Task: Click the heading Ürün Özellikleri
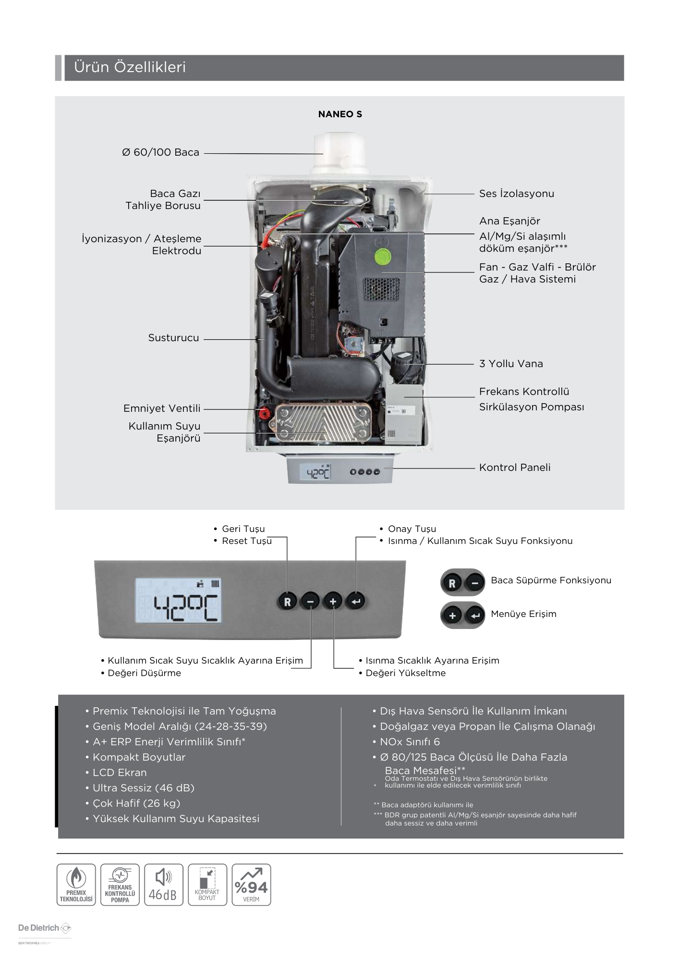[x=130, y=67]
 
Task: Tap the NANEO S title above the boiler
[x=340, y=114]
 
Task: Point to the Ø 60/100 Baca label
[x=160, y=152]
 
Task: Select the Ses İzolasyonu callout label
[x=517, y=194]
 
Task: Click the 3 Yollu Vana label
[x=511, y=364]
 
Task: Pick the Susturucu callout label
[x=173, y=338]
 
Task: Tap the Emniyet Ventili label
[x=162, y=408]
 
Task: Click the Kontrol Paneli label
[x=515, y=468]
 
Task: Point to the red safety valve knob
[x=263, y=413]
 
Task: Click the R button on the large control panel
[x=287, y=601]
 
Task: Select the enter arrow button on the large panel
[x=356, y=601]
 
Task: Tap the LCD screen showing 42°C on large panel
[x=179, y=601]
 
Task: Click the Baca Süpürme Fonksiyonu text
[x=551, y=580]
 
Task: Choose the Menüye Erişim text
[x=523, y=614]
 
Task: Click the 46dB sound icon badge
[x=163, y=885]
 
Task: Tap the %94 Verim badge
[x=251, y=885]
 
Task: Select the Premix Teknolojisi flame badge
[x=76, y=885]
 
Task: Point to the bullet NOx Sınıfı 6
[x=407, y=742]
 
